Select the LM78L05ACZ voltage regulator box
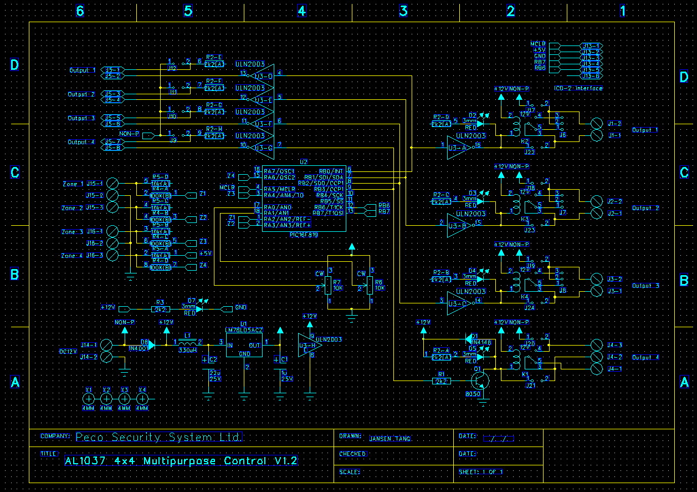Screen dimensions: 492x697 tap(244, 345)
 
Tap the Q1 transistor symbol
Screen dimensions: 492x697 tap(480, 381)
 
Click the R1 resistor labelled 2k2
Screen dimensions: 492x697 tap(441, 381)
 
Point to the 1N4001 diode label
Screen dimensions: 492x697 tap(138, 349)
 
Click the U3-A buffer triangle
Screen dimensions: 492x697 tap(459, 148)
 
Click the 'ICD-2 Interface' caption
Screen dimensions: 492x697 tap(578, 88)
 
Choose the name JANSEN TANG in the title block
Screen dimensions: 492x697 tap(390, 439)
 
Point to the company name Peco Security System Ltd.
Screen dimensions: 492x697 tap(158, 438)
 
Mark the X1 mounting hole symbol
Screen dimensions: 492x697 tap(89, 398)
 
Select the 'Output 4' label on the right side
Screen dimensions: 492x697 tap(645, 357)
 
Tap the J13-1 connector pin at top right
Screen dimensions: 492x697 tap(591, 45)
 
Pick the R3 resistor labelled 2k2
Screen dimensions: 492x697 tap(160, 308)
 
